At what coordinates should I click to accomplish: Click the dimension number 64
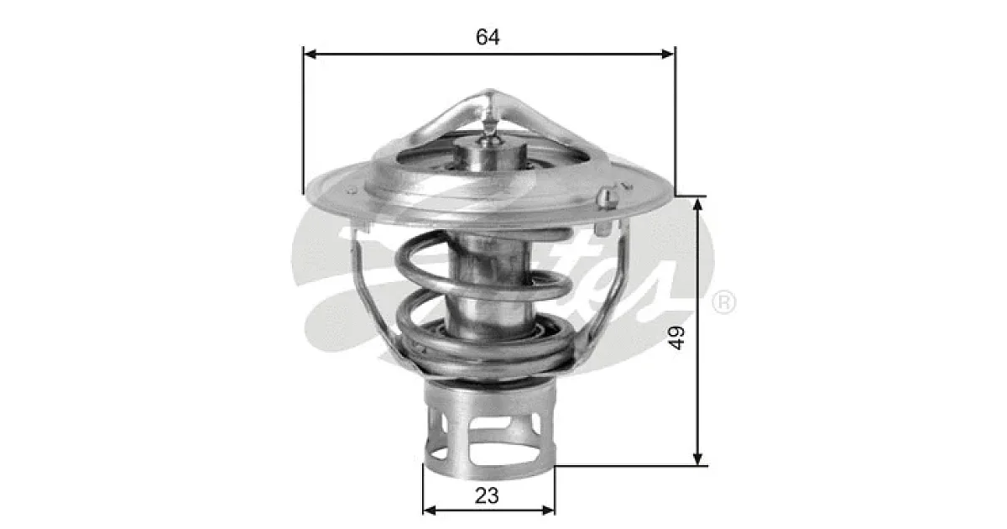(488, 37)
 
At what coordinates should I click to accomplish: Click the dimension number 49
(676, 338)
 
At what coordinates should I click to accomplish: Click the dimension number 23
(487, 495)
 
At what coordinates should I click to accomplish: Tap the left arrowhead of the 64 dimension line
(311, 55)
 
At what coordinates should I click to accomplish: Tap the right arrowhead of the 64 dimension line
(667, 55)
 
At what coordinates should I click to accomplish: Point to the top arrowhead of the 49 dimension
(697, 205)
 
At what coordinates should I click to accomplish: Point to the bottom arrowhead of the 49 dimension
(697, 458)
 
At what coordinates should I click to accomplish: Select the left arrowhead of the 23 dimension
(430, 511)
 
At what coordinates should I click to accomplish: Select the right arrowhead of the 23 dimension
(548, 511)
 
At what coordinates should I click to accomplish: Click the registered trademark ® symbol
(723, 302)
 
